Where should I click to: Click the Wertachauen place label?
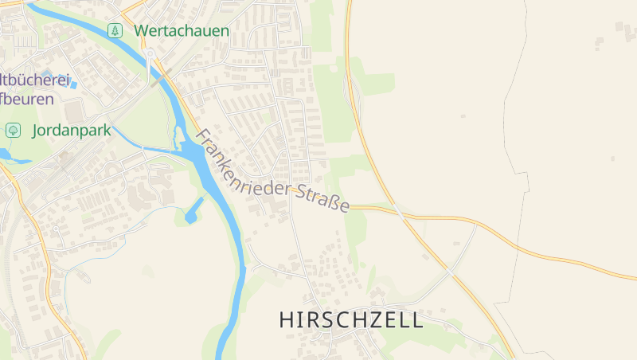click(182, 31)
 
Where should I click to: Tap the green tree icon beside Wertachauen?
click(115, 31)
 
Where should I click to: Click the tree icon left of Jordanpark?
click(13, 130)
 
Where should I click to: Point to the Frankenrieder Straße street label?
click(272, 172)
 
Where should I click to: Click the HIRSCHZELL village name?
click(351, 320)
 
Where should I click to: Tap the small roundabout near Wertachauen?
click(150, 54)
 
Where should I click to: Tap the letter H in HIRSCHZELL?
click(286, 320)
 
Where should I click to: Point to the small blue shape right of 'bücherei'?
click(72, 82)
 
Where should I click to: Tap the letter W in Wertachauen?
click(141, 31)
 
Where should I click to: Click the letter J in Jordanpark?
click(36, 130)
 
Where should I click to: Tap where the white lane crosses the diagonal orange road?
click(451, 272)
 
